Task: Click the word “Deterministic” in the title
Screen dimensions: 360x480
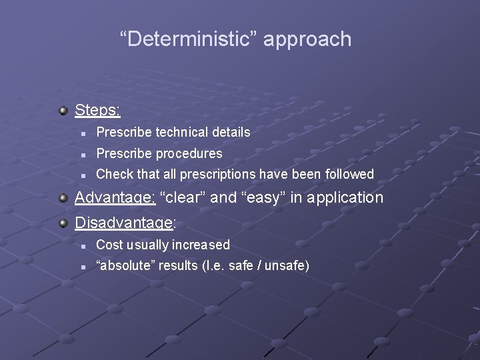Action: click(x=189, y=39)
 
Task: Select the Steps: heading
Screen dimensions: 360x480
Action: click(x=97, y=109)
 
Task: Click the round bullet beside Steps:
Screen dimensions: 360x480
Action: click(x=63, y=109)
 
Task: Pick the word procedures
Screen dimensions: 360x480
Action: click(x=190, y=153)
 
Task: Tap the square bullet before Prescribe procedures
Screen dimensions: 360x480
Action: click(x=81, y=154)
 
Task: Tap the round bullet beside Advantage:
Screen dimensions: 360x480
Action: click(x=63, y=197)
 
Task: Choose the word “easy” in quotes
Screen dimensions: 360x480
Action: click(x=267, y=197)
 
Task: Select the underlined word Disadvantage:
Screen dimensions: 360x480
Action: click(x=125, y=223)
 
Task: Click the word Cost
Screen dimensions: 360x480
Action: click(x=111, y=245)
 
